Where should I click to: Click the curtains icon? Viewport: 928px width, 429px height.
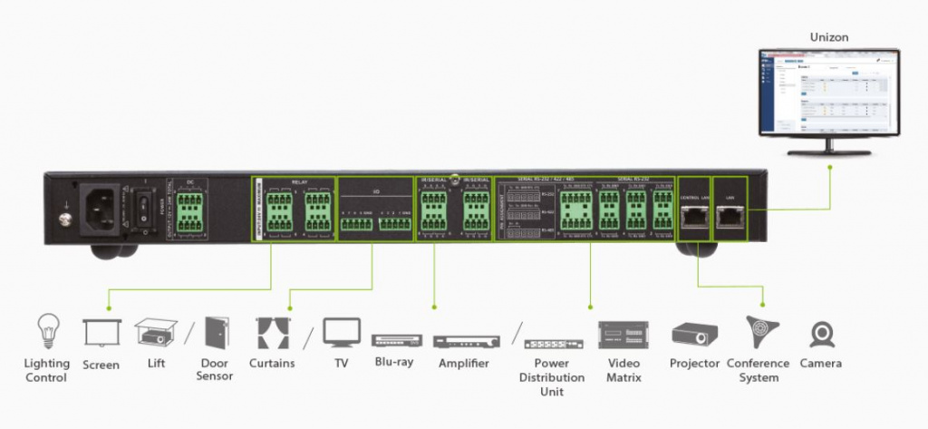point(272,333)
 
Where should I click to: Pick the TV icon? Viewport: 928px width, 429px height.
point(342,333)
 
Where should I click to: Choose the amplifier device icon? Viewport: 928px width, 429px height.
point(463,341)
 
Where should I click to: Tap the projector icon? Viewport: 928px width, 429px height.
point(694,336)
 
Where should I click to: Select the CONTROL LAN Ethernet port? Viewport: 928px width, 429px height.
point(694,215)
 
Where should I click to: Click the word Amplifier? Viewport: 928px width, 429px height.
point(463,364)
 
